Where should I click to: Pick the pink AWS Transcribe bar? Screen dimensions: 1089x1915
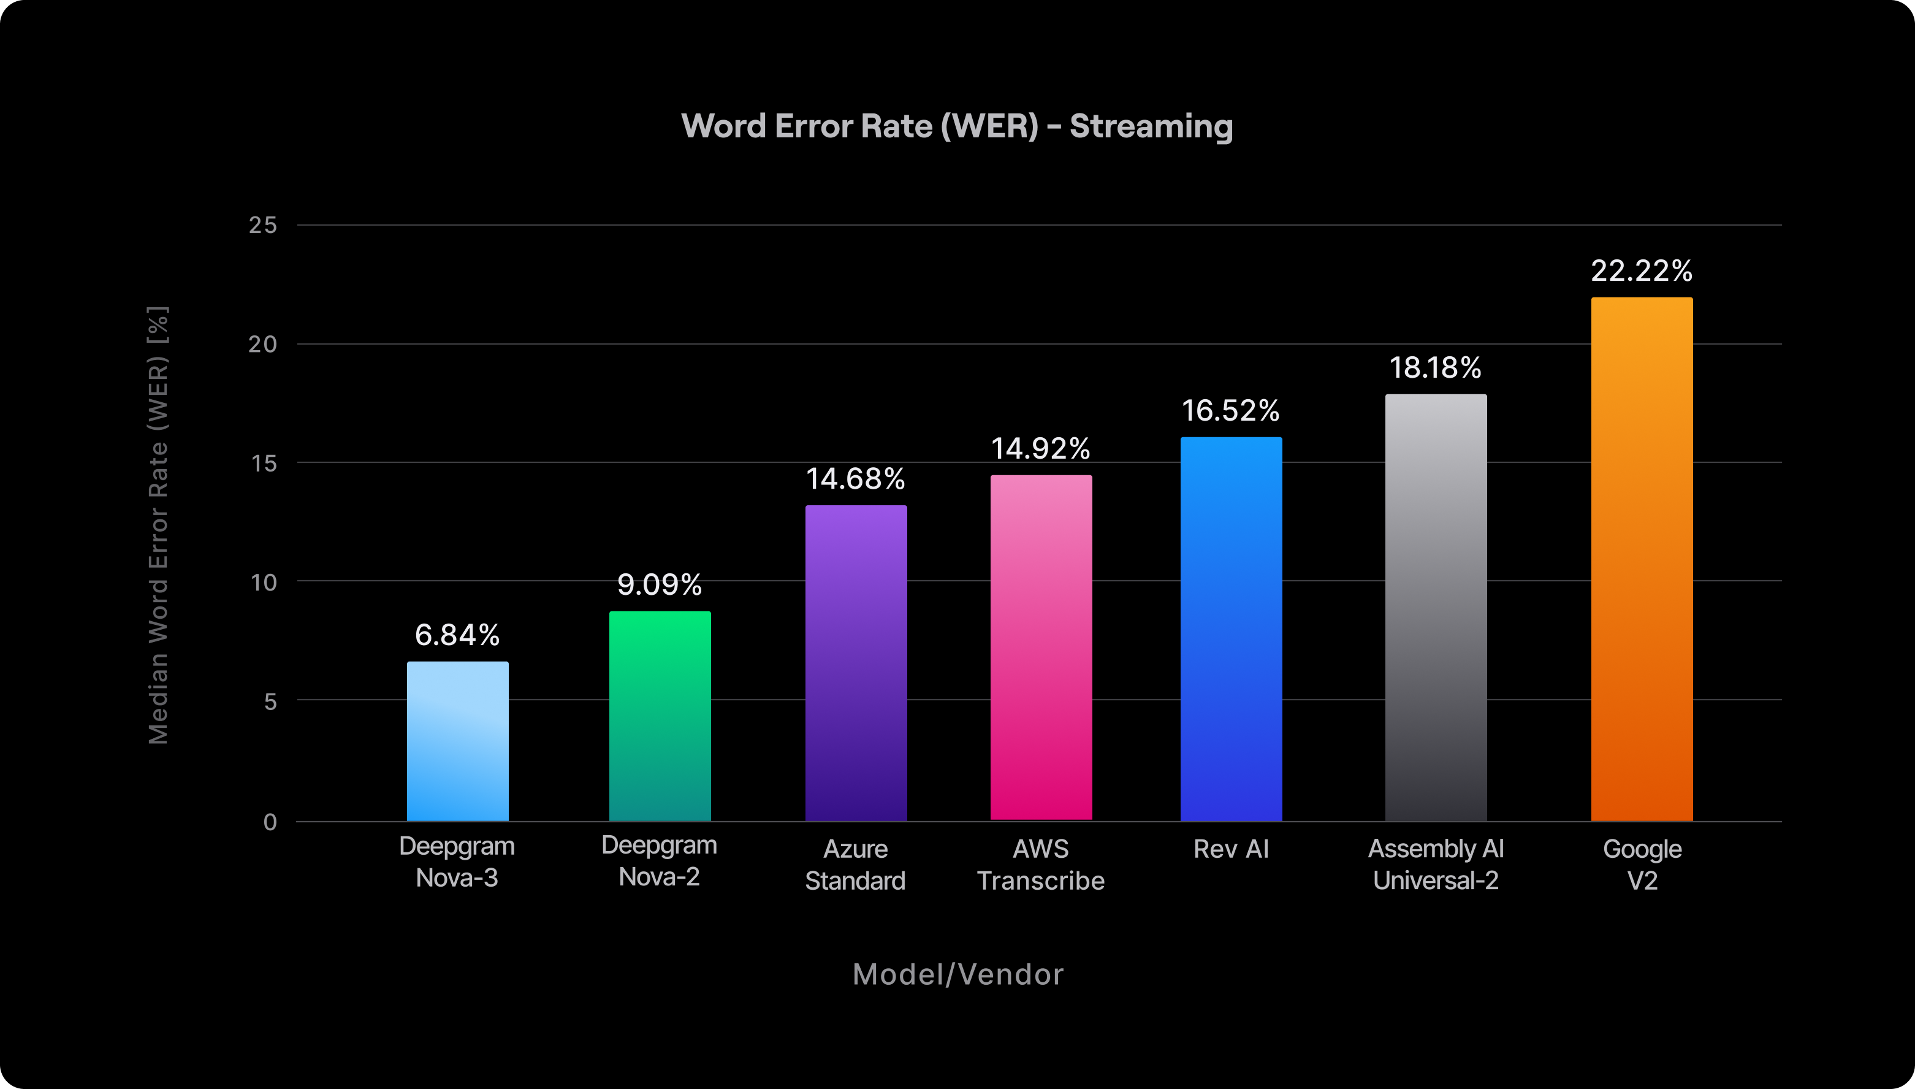tap(1041, 647)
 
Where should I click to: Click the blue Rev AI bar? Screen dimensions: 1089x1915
tap(1231, 629)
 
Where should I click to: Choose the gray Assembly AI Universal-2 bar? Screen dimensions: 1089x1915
tap(1436, 606)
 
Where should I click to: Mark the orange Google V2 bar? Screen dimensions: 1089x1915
tap(1642, 559)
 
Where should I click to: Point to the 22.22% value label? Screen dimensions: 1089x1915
tap(1642, 271)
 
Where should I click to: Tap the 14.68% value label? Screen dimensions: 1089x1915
tap(855, 479)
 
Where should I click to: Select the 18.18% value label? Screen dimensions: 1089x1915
tap(1436, 367)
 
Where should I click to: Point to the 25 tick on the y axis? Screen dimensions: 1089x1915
tap(262, 225)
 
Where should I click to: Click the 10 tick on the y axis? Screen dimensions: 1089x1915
tap(263, 582)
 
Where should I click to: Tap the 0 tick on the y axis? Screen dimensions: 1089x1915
tap(270, 822)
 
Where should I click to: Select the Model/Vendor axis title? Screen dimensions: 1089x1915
tap(958, 974)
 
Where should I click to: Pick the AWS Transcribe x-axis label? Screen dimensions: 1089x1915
tap(1041, 865)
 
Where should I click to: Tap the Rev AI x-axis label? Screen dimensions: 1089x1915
tap(1231, 849)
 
